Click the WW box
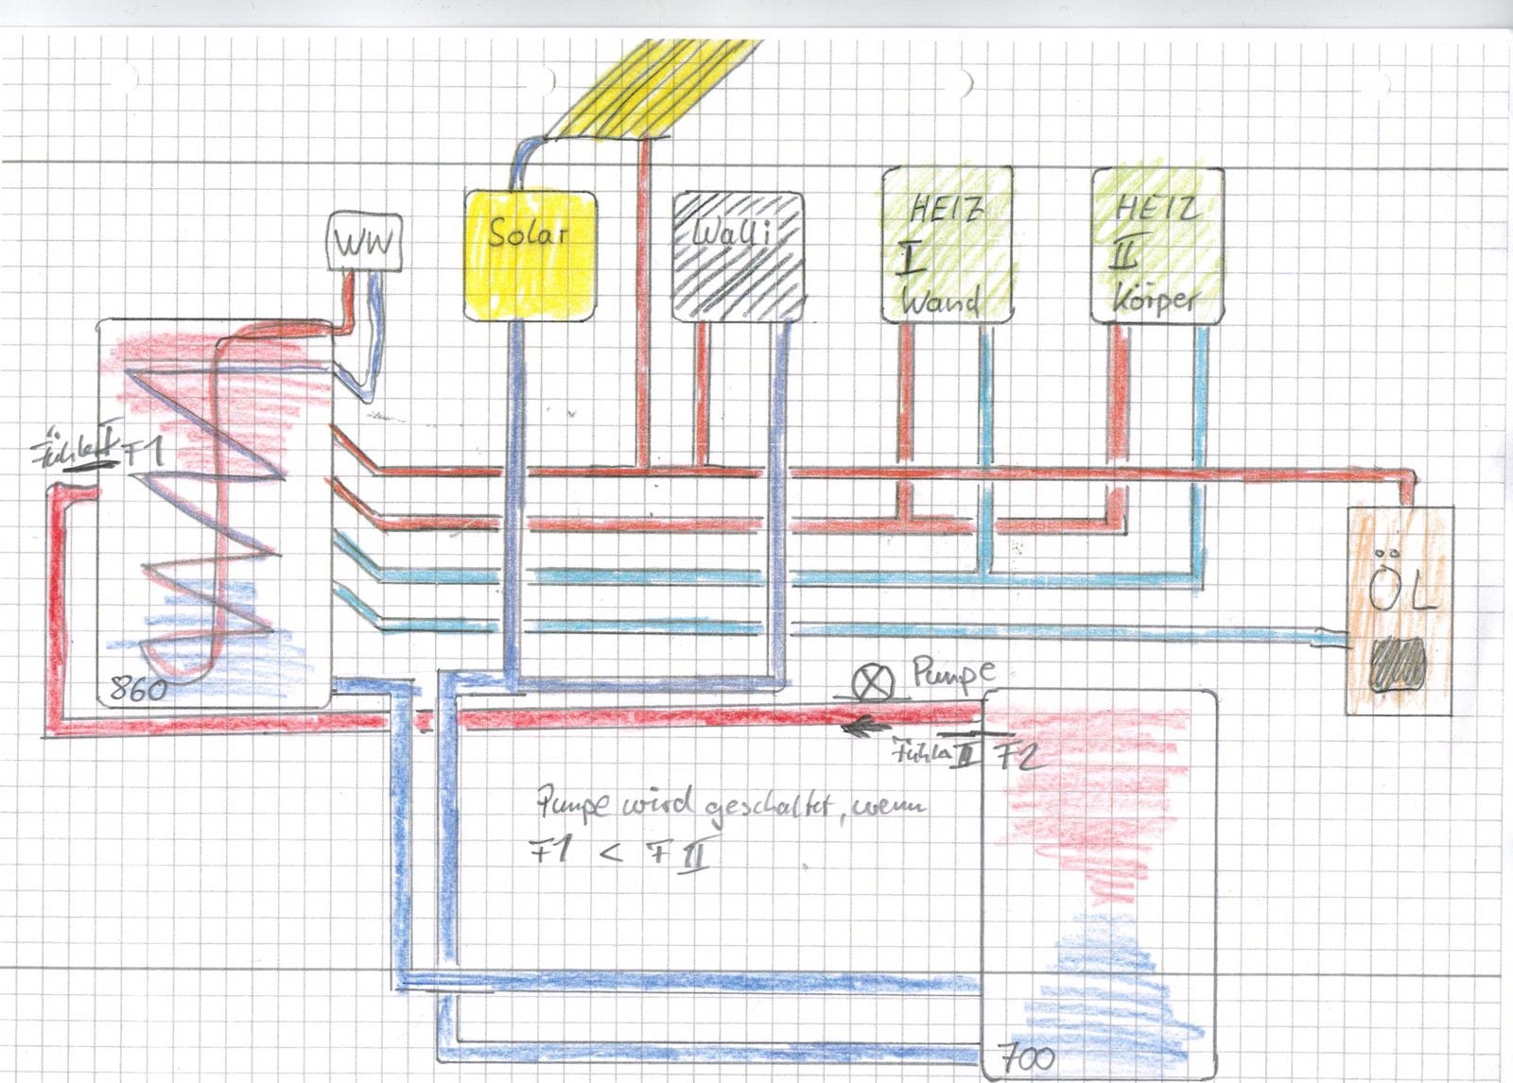tap(363, 244)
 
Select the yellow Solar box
tap(530, 255)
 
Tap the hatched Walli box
tap(738, 256)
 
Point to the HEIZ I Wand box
tap(947, 244)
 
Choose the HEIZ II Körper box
tap(1157, 244)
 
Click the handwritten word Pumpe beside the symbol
tap(953, 675)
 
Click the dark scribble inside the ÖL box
tap(1398, 665)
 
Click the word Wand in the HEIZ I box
tap(938, 301)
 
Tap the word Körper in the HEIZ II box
tap(1155, 300)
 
